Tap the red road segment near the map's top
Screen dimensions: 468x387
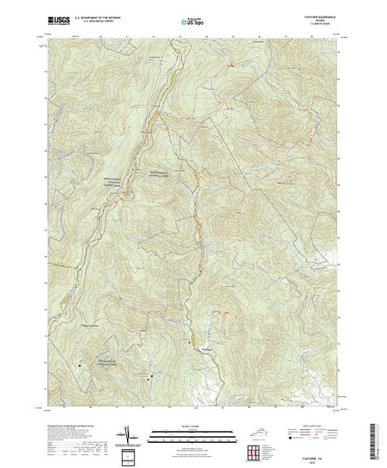(x=231, y=67)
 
